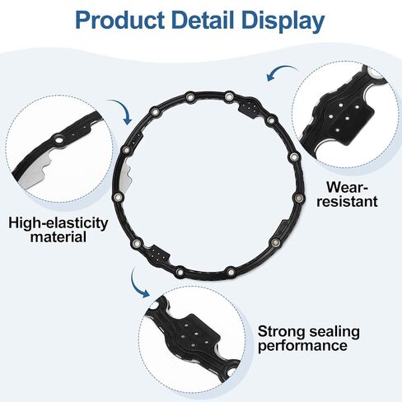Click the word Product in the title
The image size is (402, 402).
[x=119, y=21]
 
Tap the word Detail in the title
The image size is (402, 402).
[x=203, y=20]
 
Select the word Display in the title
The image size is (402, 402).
[x=283, y=22]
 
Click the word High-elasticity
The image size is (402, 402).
[x=58, y=223]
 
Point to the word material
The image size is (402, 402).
[x=58, y=236]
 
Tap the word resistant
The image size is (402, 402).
[x=347, y=201]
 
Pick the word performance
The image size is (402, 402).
[x=302, y=346]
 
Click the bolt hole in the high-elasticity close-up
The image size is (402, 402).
[x=59, y=139]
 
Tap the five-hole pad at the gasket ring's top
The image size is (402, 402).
[x=250, y=108]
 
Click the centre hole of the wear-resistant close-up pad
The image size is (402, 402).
[x=348, y=119]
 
